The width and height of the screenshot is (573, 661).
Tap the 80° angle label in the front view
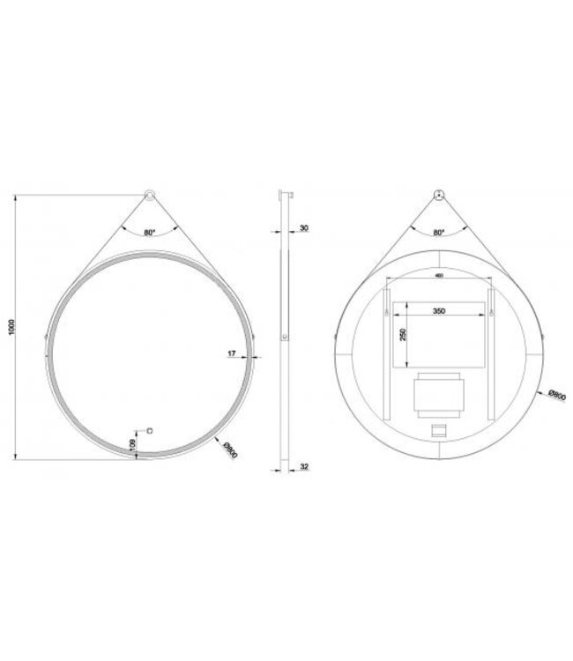pyautogui.click(x=149, y=233)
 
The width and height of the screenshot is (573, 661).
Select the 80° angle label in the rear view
pyautogui.click(x=439, y=233)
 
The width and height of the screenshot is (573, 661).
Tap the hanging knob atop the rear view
pyautogui.click(x=439, y=197)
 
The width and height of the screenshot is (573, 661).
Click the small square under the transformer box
pyautogui.click(x=438, y=431)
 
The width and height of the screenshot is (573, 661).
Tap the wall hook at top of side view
pyautogui.click(x=283, y=195)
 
